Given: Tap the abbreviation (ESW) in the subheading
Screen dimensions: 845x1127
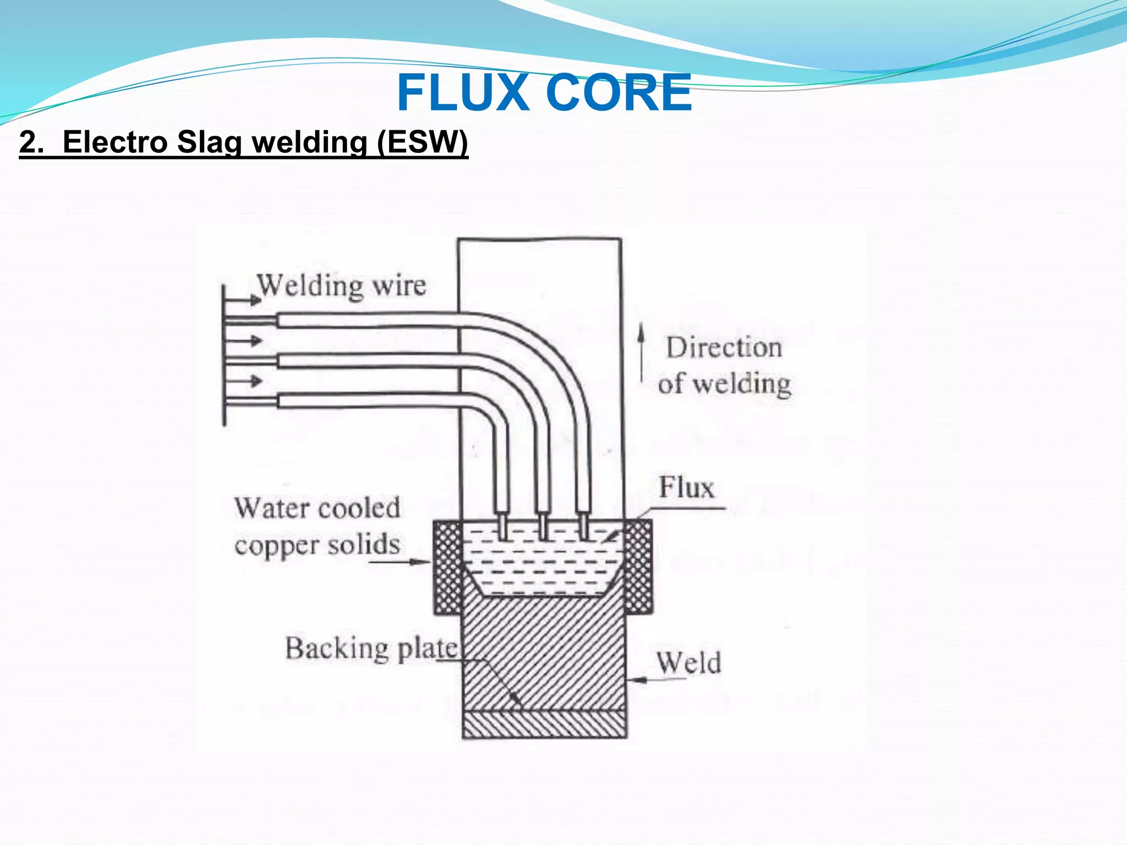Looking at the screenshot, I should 422,142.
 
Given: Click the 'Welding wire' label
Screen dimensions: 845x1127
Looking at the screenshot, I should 342,286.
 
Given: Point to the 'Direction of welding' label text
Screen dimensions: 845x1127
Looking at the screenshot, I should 724,365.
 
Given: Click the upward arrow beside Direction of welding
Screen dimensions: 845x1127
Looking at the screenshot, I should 641,352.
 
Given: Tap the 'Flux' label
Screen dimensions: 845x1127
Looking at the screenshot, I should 686,487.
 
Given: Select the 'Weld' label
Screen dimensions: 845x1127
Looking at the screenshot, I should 688,662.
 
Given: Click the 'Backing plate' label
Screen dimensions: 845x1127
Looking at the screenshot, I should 371,649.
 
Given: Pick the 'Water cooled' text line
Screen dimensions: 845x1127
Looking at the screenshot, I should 317,508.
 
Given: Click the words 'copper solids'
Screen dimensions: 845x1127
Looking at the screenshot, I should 317,545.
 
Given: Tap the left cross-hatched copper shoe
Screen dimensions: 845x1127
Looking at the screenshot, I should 447,567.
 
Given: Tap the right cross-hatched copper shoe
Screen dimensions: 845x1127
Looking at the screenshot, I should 639,567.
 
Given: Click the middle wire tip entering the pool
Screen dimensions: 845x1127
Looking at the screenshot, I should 543,526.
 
